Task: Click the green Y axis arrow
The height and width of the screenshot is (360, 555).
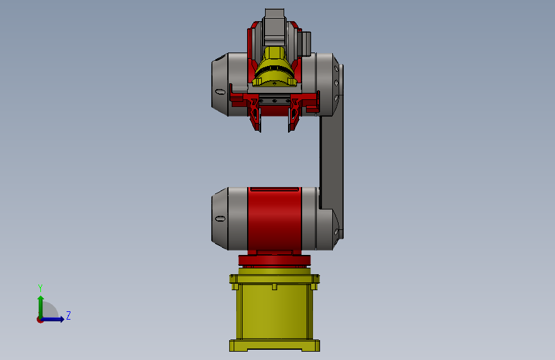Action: pos(40,304)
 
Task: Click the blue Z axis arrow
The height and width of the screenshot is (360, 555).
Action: pos(55,319)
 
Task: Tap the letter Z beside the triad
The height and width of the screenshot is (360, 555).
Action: pos(68,315)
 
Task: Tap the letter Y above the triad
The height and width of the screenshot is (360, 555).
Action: pos(40,288)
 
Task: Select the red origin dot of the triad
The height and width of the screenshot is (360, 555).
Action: pos(40,320)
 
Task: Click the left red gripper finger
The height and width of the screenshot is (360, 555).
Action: pos(256,116)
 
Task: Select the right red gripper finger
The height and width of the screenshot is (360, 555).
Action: pos(293,116)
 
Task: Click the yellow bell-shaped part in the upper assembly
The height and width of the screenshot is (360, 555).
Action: pos(275,67)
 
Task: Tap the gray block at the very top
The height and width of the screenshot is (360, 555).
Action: pos(275,18)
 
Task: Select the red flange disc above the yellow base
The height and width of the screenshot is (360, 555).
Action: pos(274,259)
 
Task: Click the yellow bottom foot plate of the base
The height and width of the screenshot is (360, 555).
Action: pos(274,346)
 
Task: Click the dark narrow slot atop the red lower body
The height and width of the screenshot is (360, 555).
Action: pos(275,189)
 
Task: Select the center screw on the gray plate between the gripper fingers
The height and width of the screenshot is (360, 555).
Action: pos(275,101)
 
